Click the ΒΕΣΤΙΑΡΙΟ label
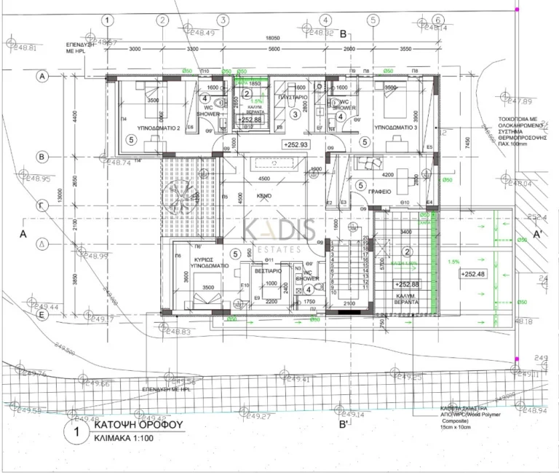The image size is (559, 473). click(267, 268)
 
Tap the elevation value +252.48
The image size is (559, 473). click(473, 274)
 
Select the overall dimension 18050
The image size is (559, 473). click(272, 38)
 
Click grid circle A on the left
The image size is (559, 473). click(43, 76)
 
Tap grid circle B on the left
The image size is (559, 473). click(43, 156)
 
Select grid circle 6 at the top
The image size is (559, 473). click(437, 20)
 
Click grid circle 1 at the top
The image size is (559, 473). click(108, 20)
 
